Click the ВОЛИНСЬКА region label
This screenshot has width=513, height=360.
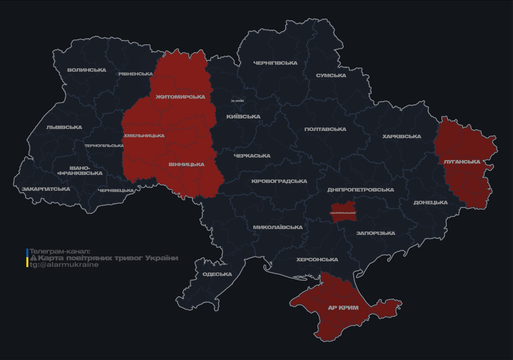click(x=87, y=70)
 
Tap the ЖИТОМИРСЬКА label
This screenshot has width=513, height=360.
click(x=181, y=97)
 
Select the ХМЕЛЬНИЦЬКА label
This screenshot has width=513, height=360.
click(x=144, y=136)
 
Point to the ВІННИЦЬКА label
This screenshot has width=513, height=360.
click(x=186, y=165)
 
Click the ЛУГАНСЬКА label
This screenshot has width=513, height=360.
click(x=462, y=162)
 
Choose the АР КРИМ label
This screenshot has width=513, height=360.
click(x=343, y=308)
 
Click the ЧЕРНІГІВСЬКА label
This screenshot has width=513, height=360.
click(x=275, y=63)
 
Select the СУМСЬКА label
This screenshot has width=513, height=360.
click(x=331, y=75)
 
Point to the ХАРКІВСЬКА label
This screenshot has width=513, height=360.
click(x=402, y=137)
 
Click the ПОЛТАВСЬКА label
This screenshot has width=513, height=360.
click(x=325, y=129)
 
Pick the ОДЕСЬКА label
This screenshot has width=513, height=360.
click(x=217, y=274)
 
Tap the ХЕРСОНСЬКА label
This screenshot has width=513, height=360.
click(x=317, y=260)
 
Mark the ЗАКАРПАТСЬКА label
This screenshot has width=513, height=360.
click(x=46, y=189)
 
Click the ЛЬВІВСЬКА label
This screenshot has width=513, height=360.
click(x=64, y=127)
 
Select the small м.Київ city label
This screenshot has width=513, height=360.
click(x=238, y=101)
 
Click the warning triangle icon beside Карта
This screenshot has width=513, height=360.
click(x=33, y=258)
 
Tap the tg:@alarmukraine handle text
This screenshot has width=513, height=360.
click(x=64, y=265)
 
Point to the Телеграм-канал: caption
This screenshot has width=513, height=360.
click(x=60, y=252)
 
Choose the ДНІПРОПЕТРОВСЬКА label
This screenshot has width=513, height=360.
click(x=361, y=190)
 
